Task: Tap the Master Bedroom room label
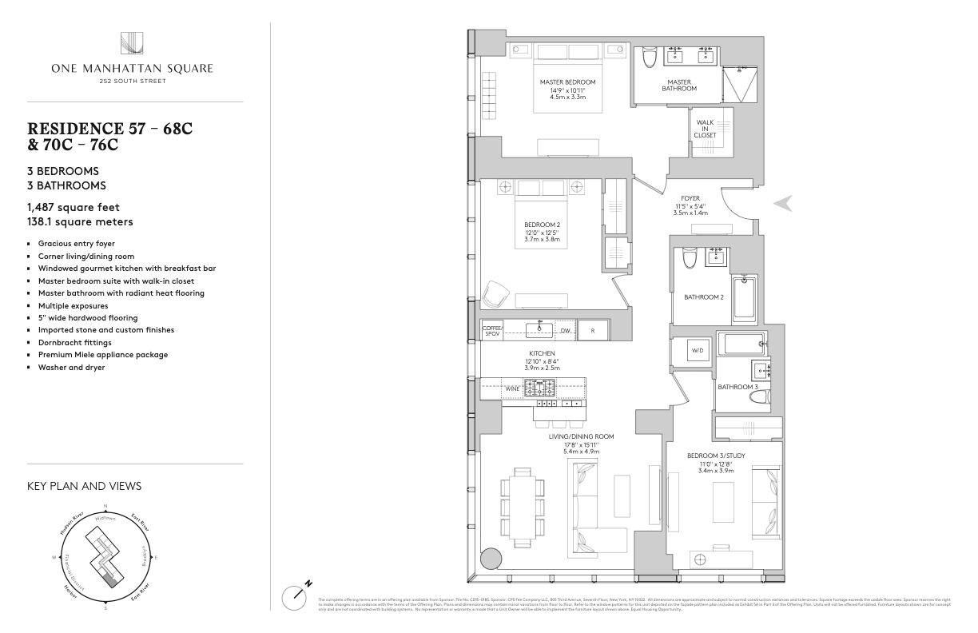pos(567,82)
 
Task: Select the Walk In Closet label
pos(705,129)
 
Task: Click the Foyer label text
pos(690,198)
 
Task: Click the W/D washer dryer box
pos(697,351)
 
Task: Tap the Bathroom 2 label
pos(703,297)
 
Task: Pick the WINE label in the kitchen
pos(512,389)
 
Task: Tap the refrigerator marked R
pos(592,330)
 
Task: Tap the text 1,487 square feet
pos(74,208)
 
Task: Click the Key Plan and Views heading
pos(85,485)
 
